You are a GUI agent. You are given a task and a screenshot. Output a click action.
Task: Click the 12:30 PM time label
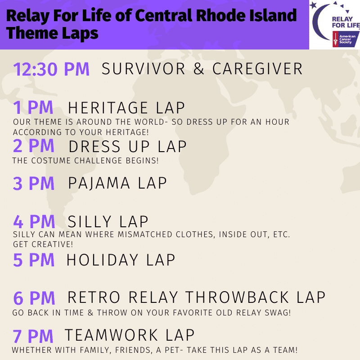pos(51,69)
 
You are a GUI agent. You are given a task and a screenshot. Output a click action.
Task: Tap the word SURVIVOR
pos(143,69)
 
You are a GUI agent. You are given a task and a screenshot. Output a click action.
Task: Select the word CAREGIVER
pos(257,69)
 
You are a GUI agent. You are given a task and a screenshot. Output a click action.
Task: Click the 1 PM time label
pos(33,107)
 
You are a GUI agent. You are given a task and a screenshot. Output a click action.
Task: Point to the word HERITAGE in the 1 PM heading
pos(108,108)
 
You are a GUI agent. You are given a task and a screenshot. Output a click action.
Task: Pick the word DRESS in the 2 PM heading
pos(94,146)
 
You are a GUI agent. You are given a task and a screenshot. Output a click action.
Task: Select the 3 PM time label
pos(33,184)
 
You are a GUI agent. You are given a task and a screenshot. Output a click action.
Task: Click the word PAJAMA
pos(99,183)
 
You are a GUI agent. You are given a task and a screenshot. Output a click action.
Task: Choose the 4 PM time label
pos(34,221)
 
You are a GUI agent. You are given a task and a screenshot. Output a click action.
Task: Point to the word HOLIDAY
pos(102,260)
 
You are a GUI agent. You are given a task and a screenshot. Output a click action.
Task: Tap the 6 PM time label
pos(34,298)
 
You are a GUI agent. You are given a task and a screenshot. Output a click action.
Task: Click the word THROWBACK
pos(237,297)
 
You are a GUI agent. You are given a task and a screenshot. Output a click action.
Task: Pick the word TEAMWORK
pos(111,335)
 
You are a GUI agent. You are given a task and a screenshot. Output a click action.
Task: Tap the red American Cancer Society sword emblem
pos(335,39)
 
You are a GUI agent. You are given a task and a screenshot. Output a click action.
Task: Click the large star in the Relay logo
pos(313,5)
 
